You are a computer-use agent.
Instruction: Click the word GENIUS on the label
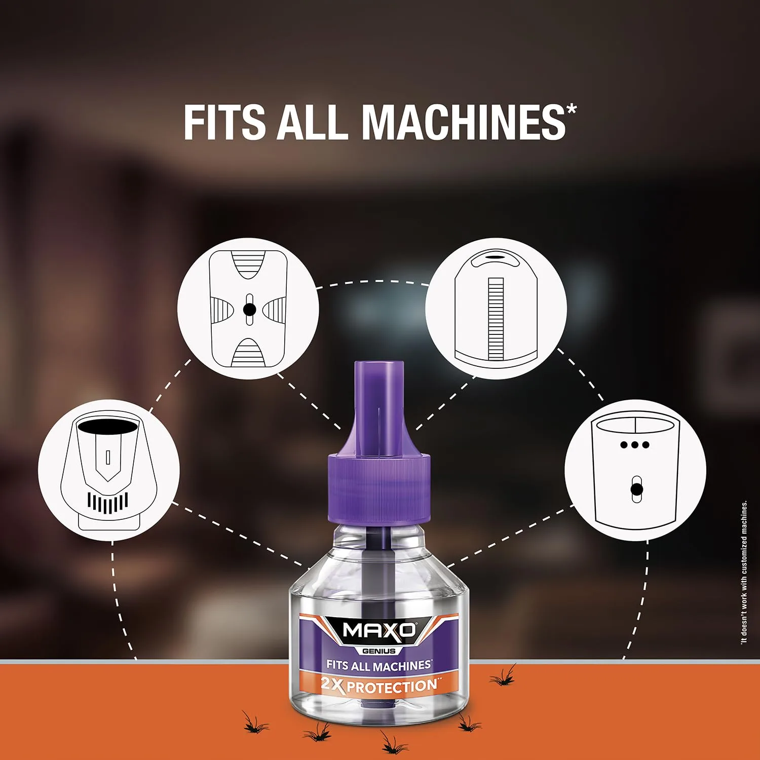(x=379, y=651)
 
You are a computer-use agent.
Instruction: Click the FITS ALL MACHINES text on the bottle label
(x=379, y=665)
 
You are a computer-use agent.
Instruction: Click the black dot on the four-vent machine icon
(x=249, y=309)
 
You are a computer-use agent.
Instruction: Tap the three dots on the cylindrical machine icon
(x=634, y=445)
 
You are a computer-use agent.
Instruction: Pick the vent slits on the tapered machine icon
(x=107, y=503)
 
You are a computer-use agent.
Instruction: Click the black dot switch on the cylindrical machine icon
(x=636, y=489)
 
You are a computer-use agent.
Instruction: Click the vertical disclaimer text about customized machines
(x=744, y=573)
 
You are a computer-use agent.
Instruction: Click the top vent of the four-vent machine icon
(x=248, y=265)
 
